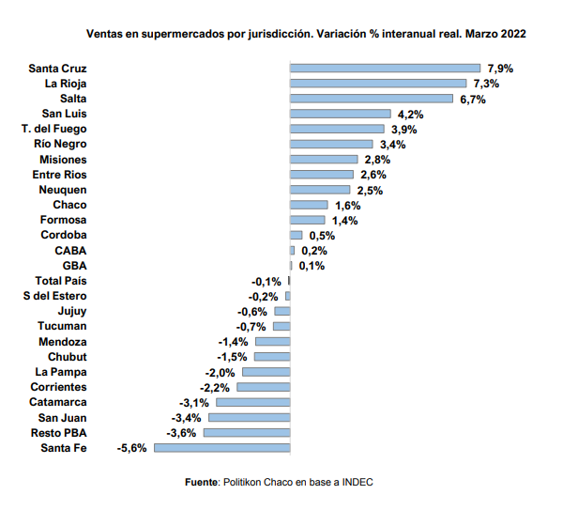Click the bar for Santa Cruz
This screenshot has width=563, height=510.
tap(385, 69)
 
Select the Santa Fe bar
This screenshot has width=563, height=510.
tap(221, 448)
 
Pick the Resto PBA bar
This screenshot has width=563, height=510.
tap(247, 433)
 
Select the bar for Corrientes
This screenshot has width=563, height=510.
tap(264, 387)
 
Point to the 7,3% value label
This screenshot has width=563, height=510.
tap(484, 84)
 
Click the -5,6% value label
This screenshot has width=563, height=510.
tap(131, 448)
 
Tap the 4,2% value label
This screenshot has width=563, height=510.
tap(407, 114)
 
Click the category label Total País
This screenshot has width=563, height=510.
tap(61, 281)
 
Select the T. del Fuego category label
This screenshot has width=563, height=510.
tap(53, 129)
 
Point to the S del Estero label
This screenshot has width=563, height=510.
tap(54, 296)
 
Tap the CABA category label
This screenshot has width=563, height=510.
tap(70, 250)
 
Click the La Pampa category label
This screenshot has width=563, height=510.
tap(58, 372)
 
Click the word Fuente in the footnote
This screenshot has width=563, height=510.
tap(202, 481)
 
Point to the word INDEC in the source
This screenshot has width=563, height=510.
tap(358, 481)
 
